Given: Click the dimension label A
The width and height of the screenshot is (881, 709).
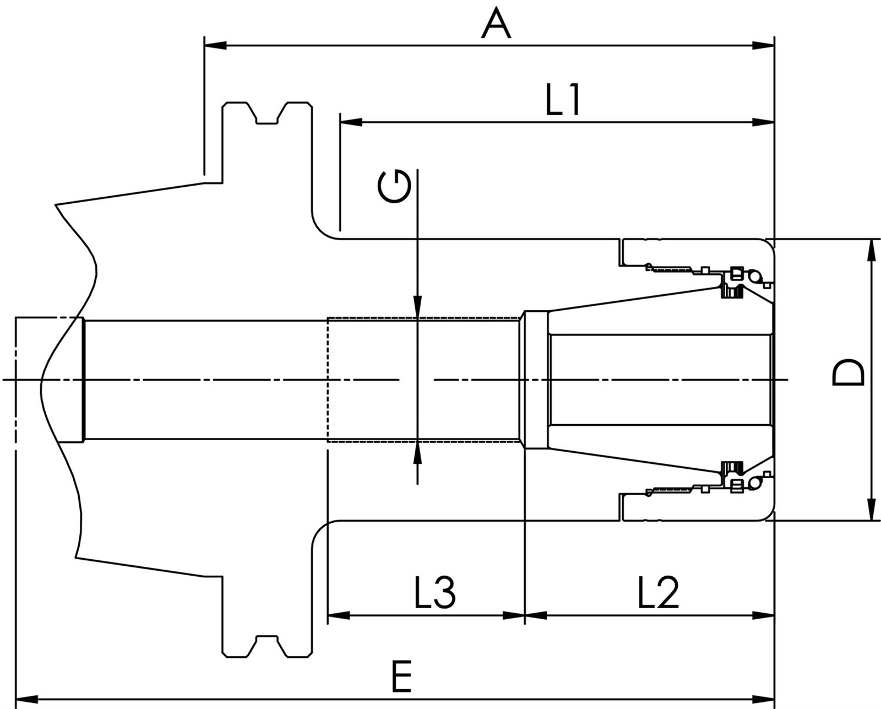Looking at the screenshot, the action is click(x=496, y=23).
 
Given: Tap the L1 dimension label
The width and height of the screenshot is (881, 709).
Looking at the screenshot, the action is click(x=563, y=100).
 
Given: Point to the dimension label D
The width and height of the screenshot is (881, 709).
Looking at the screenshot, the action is click(x=848, y=373).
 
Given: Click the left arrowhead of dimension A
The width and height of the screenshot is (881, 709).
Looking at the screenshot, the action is click(x=215, y=45).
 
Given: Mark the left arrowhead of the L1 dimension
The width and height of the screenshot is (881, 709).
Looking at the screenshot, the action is click(x=351, y=122).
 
